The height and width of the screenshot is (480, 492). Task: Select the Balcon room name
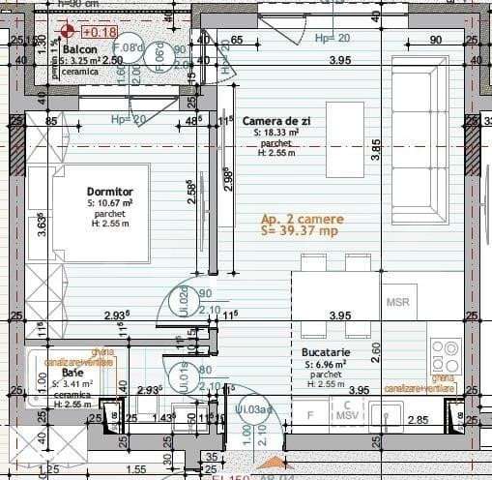coord(79,48)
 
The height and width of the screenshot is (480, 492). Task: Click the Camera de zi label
coord(275,120)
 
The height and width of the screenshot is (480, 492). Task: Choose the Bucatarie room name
coord(325,353)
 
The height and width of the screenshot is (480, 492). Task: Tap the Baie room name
coord(72,372)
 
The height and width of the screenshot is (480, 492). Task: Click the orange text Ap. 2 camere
coord(302,220)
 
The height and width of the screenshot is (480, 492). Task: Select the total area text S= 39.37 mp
coord(300,232)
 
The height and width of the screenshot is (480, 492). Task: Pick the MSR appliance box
coord(398,301)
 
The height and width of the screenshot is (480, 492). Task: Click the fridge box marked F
coord(309,415)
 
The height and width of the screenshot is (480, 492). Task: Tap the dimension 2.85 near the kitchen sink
coord(419,420)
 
